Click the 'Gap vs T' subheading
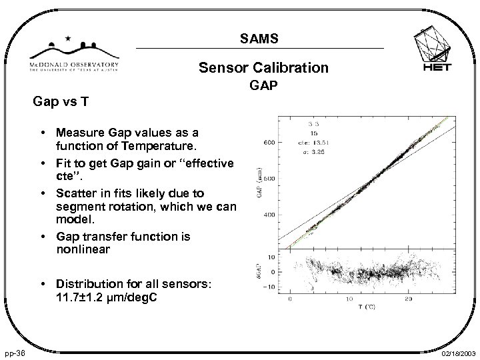click(60, 103)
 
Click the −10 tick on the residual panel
click(269, 287)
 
